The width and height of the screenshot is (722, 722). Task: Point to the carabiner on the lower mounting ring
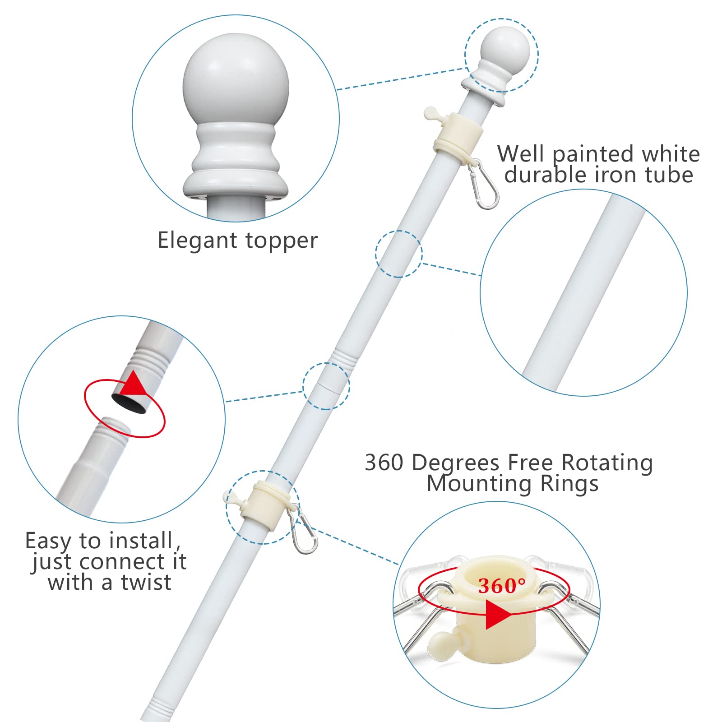(305, 529)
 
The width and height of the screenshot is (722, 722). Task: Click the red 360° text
(502, 586)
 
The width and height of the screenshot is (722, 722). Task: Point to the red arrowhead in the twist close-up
(134, 384)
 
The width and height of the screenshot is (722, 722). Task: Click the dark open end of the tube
(130, 403)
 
